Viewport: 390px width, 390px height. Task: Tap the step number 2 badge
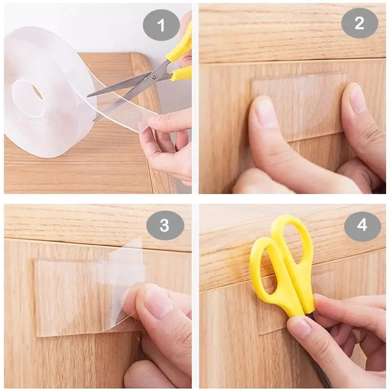click(x=359, y=23)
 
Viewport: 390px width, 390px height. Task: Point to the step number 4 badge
click(x=362, y=226)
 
